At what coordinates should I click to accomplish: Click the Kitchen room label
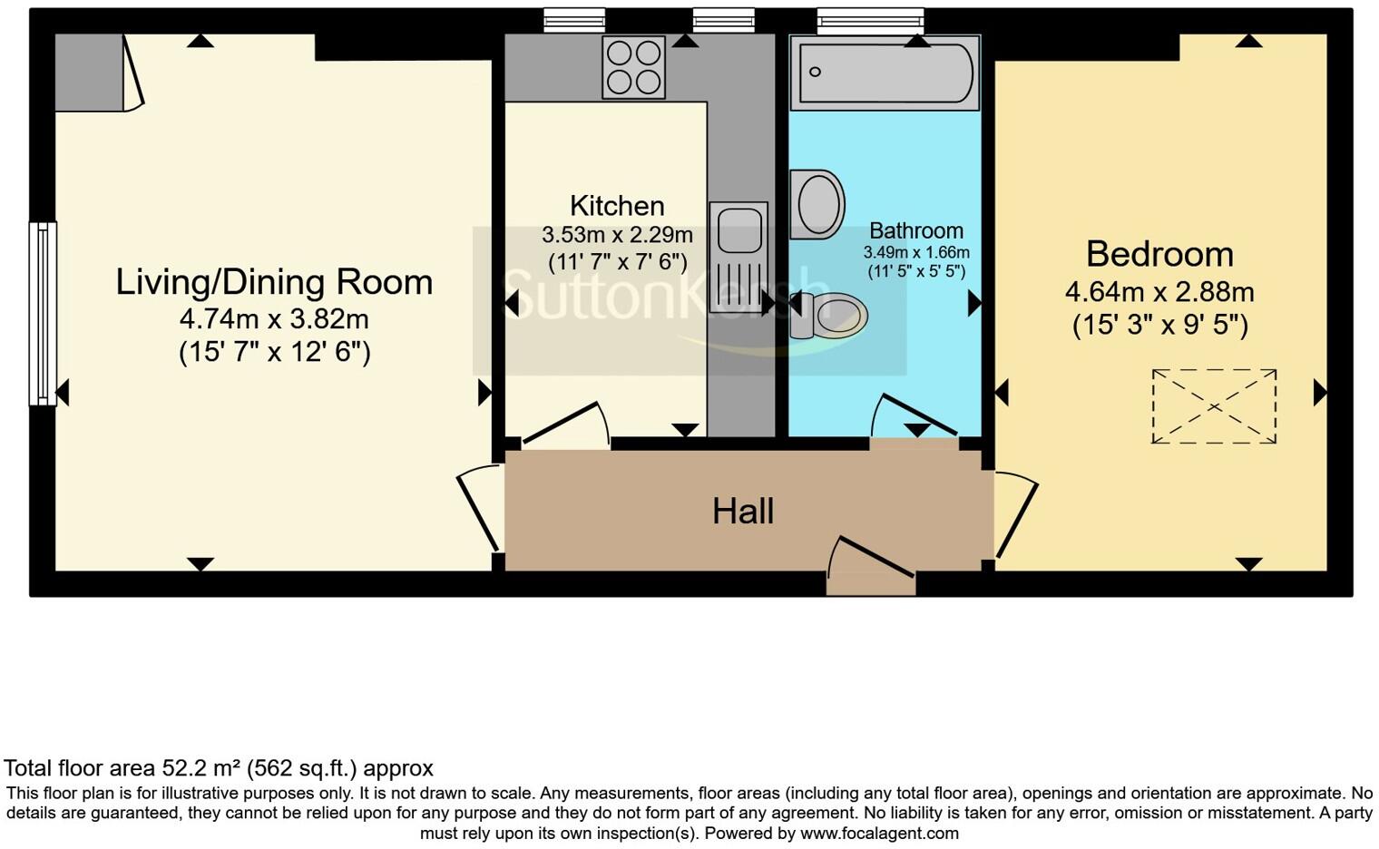[x=617, y=206]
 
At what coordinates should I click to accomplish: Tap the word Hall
[x=743, y=512]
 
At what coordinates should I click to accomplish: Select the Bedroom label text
[x=1159, y=254]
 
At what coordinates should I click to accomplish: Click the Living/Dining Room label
[x=274, y=282]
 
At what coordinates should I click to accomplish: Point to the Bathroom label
[x=915, y=230]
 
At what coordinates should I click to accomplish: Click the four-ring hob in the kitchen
[x=633, y=67]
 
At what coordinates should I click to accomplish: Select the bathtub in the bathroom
[x=885, y=73]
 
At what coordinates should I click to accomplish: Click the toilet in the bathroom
[x=828, y=315]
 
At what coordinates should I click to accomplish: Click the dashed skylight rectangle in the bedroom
[x=1214, y=405]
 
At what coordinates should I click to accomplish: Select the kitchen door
[x=564, y=424]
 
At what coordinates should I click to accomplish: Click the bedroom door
[x=1016, y=514]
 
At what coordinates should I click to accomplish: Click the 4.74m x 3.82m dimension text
[x=274, y=319]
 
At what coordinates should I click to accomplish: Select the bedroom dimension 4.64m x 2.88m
[x=1159, y=292]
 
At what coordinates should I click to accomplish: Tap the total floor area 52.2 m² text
[x=219, y=768]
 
